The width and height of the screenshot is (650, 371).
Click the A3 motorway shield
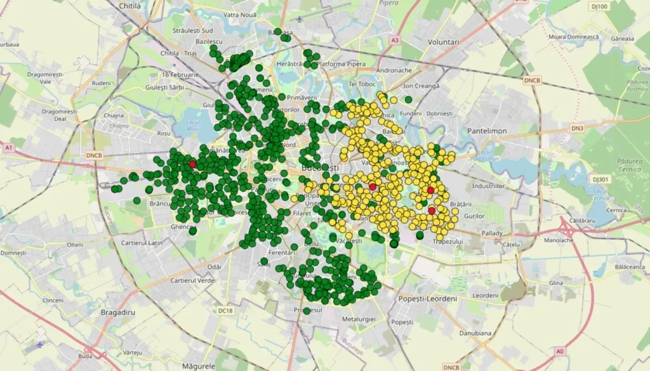[395, 40]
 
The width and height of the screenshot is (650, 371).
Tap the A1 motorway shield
[9, 148]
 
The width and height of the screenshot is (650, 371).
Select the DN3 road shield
[577, 128]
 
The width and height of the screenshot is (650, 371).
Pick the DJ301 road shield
[600, 179]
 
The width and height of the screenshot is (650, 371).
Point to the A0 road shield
[559, 351]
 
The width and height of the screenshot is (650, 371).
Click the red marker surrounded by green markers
[192, 164]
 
